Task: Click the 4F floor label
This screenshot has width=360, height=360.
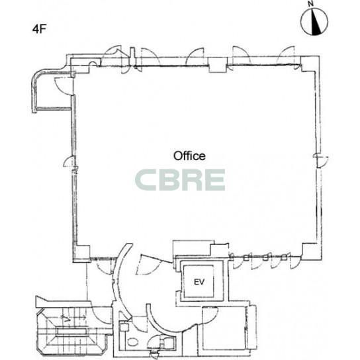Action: [39, 29]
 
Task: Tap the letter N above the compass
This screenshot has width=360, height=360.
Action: [311, 4]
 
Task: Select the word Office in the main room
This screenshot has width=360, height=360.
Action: [189, 156]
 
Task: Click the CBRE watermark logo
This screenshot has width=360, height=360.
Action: [180, 180]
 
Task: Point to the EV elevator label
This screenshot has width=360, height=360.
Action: [199, 282]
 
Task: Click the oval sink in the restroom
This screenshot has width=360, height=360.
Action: [132, 342]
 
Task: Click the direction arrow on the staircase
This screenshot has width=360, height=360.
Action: [73, 318]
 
